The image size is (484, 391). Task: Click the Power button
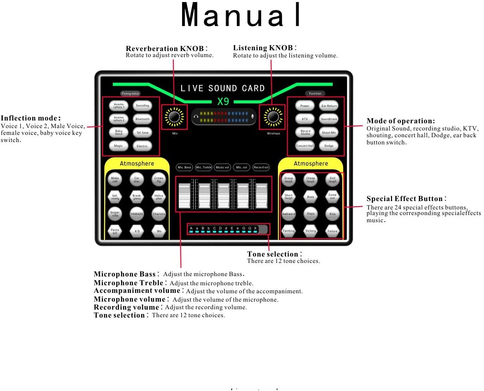click(x=305, y=106)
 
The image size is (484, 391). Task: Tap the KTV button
click(x=305, y=119)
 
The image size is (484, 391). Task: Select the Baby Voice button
click(x=119, y=132)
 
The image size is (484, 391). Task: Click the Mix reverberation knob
click(x=174, y=117)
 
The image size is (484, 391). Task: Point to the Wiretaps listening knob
click(x=273, y=117)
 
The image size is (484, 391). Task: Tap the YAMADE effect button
click(x=137, y=214)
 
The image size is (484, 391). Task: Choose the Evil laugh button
click(x=332, y=180)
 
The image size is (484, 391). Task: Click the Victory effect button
click(x=310, y=231)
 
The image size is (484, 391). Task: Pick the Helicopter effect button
click(x=159, y=196)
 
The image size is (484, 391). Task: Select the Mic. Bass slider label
click(x=184, y=168)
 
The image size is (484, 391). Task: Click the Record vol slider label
click(x=261, y=168)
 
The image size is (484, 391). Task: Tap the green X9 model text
click(x=223, y=102)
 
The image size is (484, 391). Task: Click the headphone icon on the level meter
click(x=196, y=117)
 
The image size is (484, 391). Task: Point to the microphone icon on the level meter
click(x=252, y=117)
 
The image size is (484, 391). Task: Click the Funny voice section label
click(x=130, y=94)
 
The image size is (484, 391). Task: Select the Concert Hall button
click(x=305, y=146)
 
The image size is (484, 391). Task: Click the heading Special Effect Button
click(x=405, y=199)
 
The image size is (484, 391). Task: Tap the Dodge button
click(x=329, y=146)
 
